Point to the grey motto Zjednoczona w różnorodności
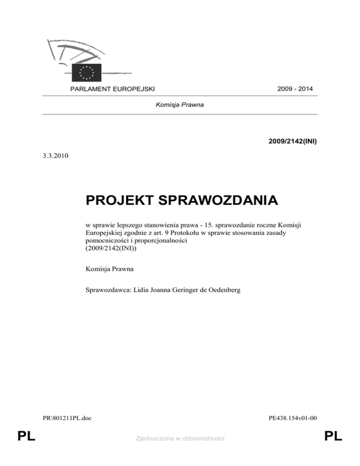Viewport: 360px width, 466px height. pyautogui.click(x=180, y=438)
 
